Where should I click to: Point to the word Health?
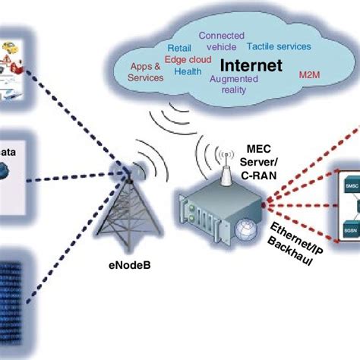[x=188, y=72]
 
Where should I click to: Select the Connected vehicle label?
[x=221, y=41]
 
